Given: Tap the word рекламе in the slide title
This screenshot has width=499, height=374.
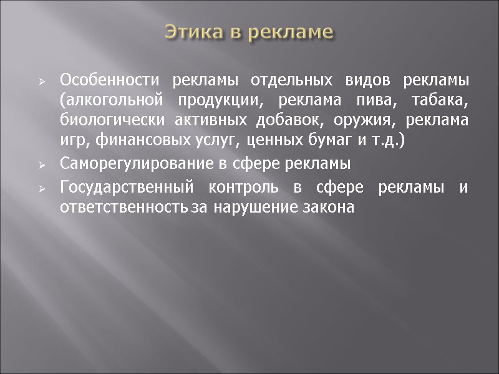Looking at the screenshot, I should point(291,32).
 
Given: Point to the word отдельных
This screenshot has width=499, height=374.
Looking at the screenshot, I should point(269,81).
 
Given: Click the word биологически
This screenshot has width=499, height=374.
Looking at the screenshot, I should point(102,121).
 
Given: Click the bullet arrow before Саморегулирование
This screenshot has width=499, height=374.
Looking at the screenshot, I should point(41,165).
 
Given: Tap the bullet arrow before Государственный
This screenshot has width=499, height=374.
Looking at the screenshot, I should point(41,188).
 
